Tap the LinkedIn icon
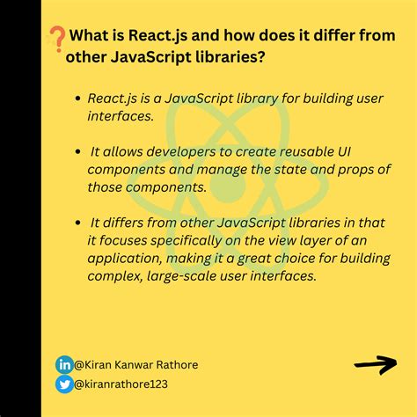point(64,364)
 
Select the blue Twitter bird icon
point(64,384)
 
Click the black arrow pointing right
point(376,363)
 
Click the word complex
point(113,276)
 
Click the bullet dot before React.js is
point(78,99)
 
